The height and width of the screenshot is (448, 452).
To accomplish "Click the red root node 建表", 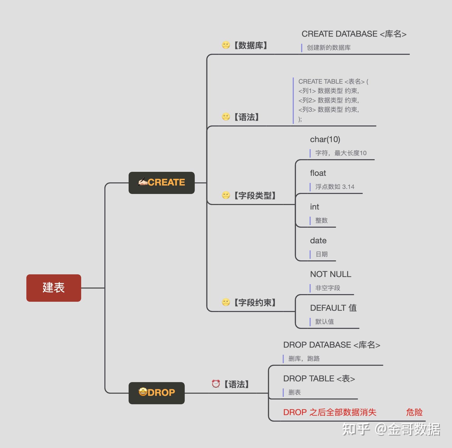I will pyautogui.click(x=54, y=288).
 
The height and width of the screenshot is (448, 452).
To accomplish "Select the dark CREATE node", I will pyautogui.click(x=162, y=183).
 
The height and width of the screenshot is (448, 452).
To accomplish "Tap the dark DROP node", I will pyautogui.click(x=157, y=393).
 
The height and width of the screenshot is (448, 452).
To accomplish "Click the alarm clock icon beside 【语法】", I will pyautogui.click(x=216, y=384).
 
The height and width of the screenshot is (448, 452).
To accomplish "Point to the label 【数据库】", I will pyautogui.click(x=250, y=45).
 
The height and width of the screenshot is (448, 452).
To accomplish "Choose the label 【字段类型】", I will pyautogui.click(x=255, y=196).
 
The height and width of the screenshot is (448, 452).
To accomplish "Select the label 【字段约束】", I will pyautogui.click(x=255, y=303).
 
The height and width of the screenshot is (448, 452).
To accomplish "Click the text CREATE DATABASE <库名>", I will pyautogui.click(x=354, y=34).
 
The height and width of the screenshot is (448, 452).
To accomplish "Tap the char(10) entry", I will pyautogui.click(x=325, y=139).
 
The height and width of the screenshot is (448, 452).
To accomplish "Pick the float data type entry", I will pyautogui.click(x=318, y=173).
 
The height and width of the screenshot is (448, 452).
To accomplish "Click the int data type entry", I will pyautogui.click(x=314, y=207).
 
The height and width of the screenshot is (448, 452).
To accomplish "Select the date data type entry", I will pyautogui.click(x=318, y=241).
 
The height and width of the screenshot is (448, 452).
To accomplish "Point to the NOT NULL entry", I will pyautogui.click(x=331, y=274).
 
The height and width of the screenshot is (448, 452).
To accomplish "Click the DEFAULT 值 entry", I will pyautogui.click(x=333, y=308).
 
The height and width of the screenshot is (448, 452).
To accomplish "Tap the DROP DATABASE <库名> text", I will pyautogui.click(x=332, y=345).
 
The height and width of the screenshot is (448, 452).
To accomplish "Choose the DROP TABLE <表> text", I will pyautogui.click(x=319, y=379).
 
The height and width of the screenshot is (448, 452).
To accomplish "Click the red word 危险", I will pyautogui.click(x=414, y=412).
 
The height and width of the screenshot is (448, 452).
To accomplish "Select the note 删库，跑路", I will pyautogui.click(x=304, y=359).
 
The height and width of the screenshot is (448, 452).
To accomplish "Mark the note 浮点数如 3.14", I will pyautogui.click(x=335, y=187).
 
